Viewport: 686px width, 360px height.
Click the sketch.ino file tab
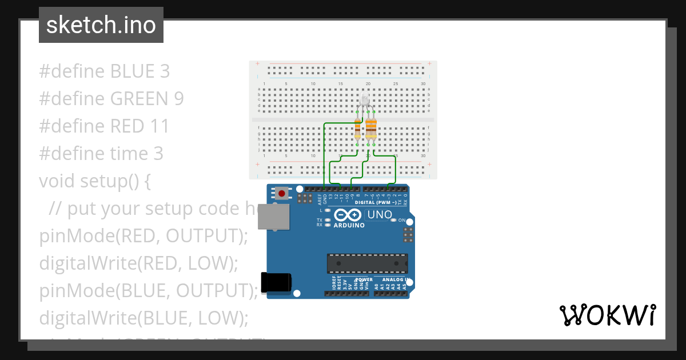click(x=101, y=25)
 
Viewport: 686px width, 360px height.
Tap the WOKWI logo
click(x=607, y=315)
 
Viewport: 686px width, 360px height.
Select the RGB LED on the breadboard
click(x=365, y=101)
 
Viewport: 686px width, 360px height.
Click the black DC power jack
click(x=276, y=282)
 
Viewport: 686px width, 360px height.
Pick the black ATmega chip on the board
click(x=367, y=263)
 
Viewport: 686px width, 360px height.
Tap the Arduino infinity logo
click(x=348, y=215)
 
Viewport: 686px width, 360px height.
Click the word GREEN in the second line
click(x=139, y=99)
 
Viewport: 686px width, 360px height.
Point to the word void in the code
click(x=57, y=181)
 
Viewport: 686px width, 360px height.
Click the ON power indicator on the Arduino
click(x=401, y=220)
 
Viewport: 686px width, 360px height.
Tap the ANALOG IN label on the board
click(x=392, y=280)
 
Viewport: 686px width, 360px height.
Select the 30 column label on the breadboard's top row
click(x=422, y=84)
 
